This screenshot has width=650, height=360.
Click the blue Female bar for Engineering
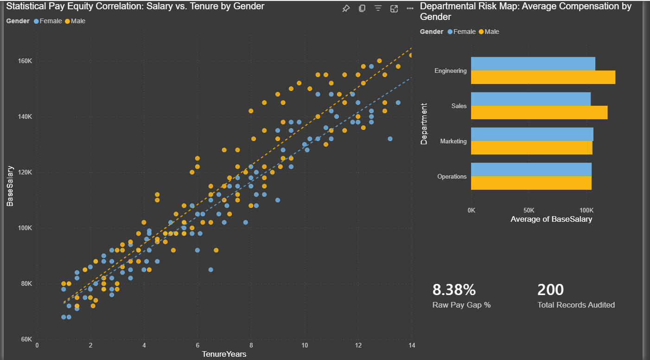coord(533,64)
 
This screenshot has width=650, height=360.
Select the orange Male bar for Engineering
coord(543,77)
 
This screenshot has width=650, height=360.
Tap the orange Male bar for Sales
coord(539,113)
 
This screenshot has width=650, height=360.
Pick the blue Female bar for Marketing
coord(532,134)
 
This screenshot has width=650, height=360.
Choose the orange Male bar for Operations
coord(531,183)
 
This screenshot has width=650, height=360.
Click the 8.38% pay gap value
coord(454,290)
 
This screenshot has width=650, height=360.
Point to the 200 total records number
coord(550,290)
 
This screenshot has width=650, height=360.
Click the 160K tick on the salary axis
coord(24,61)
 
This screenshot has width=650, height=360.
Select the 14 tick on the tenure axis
coord(411,346)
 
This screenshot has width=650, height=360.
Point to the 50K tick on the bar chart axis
coord(529,210)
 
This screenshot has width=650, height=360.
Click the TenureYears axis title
coord(224,354)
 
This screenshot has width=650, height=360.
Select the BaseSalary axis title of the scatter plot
coord(10,186)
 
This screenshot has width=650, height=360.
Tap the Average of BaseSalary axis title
coord(551,219)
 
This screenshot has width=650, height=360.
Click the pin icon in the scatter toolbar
coord(346,9)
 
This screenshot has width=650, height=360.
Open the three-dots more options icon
coord(410,9)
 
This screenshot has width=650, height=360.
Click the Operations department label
coord(452,176)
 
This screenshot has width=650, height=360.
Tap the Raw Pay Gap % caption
coord(461,305)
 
